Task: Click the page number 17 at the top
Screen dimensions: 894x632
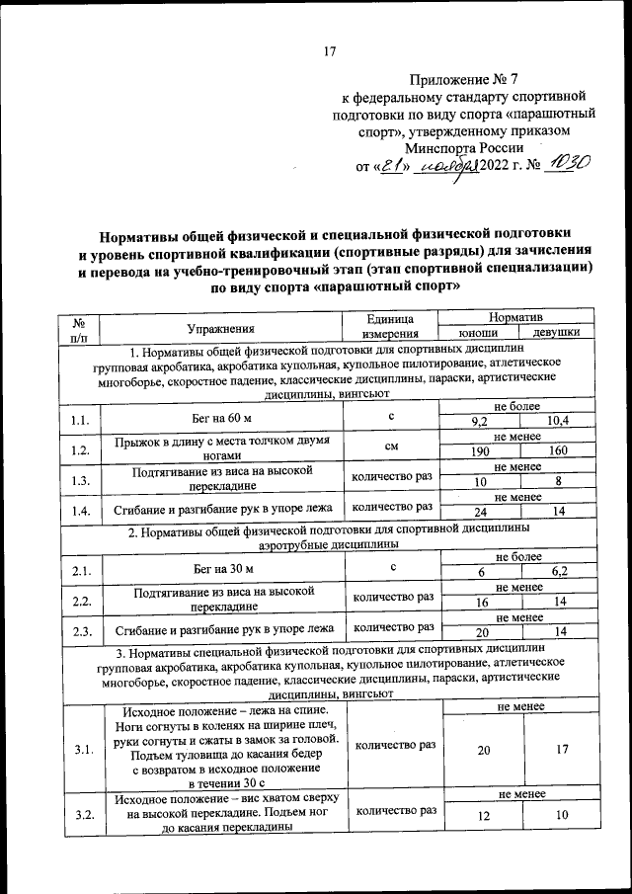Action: (x=331, y=52)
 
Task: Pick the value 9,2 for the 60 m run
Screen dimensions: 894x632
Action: (x=482, y=423)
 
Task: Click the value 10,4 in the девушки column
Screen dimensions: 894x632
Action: (x=558, y=423)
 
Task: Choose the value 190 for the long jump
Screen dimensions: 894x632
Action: (x=482, y=451)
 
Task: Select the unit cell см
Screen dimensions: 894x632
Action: (x=391, y=446)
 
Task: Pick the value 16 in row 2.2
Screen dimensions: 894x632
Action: (x=482, y=603)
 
